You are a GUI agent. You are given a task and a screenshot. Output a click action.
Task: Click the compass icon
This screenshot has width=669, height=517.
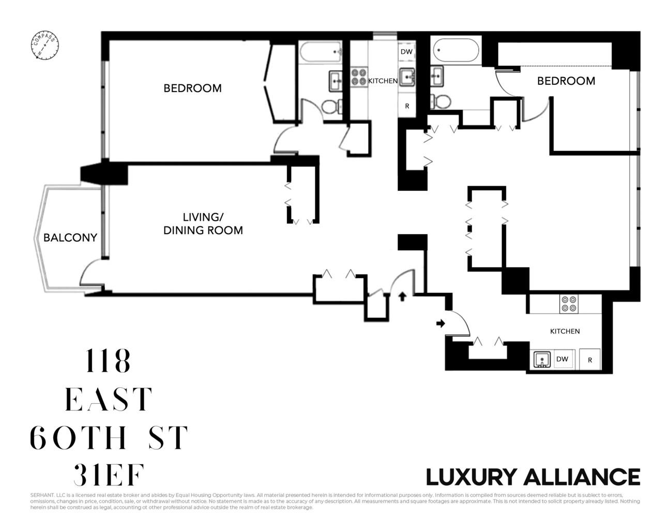pyautogui.click(x=44, y=46)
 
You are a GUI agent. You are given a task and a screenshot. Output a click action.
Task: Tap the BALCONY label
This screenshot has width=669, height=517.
pyautogui.click(x=70, y=238)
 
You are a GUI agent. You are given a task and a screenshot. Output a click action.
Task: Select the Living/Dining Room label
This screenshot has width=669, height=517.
pyautogui.click(x=203, y=223)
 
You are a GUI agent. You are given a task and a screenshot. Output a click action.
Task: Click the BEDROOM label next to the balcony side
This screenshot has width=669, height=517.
pyautogui.click(x=192, y=88)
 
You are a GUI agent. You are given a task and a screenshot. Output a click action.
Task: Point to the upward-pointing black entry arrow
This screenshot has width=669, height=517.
pyautogui.click(x=403, y=296)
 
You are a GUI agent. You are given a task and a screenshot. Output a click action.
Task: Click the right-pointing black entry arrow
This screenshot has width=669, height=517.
pyautogui.click(x=440, y=324)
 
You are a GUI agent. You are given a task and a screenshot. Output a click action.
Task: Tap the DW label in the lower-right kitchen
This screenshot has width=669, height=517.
pyautogui.click(x=562, y=359)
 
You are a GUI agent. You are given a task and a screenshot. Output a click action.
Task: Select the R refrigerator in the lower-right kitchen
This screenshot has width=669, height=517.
pyautogui.click(x=590, y=360)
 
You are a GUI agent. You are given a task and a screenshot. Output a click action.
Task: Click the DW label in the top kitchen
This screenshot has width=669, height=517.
pyautogui.click(x=406, y=52)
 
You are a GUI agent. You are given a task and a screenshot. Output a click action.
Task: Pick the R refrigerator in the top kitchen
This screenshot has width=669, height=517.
pyautogui.click(x=407, y=106)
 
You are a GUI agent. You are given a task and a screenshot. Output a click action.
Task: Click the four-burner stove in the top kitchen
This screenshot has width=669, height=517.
pyautogui.click(x=359, y=77)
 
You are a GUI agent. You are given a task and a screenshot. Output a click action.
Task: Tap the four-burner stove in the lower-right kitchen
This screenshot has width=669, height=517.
pyautogui.click(x=569, y=303)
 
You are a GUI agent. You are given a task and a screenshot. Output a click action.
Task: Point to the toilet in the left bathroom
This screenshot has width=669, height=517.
pyautogui.click(x=330, y=107)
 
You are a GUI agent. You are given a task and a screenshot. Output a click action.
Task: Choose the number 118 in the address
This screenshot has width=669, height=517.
pyautogui.click(x=108, y=361)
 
